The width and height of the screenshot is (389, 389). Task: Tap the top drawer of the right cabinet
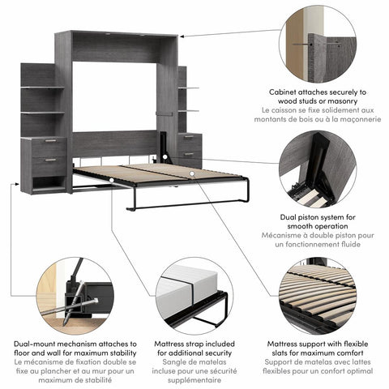189,138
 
